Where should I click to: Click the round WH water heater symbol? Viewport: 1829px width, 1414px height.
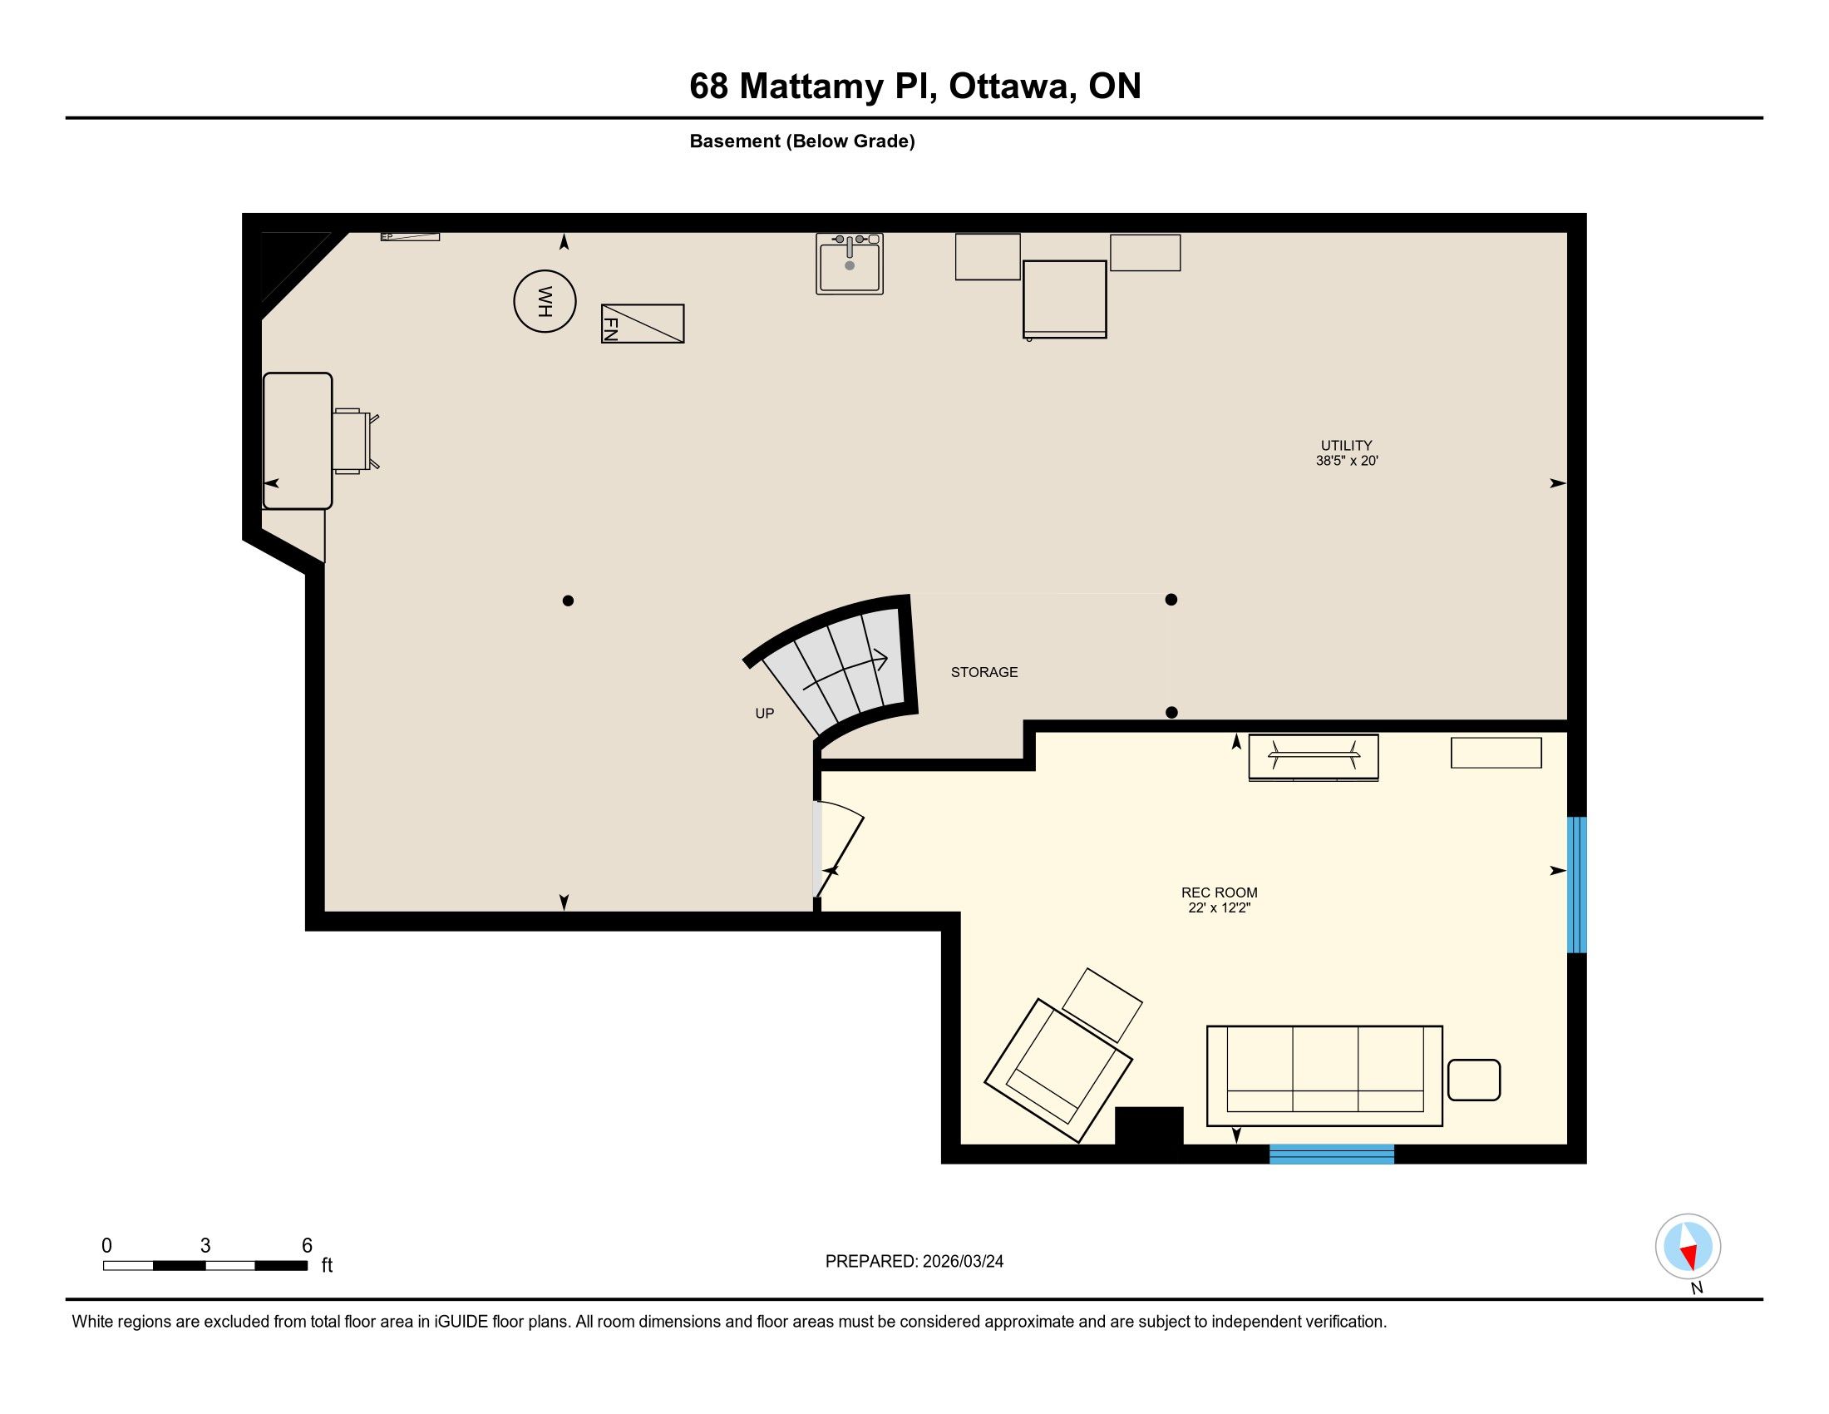pyautogui.click(x=545, y=302)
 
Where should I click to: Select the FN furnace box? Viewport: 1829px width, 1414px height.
pyautogui.click(x=643, y=324)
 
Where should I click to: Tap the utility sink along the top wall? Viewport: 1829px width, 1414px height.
pyautogui.click(x=849, y=264)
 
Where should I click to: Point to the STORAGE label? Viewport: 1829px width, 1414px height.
pyautogui.click(x=984, y=672)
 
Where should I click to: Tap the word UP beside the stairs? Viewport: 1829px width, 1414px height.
pyautogui.click(x=765, y=713)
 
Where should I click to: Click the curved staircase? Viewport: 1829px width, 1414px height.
pyautogui.click(x=837, y=670)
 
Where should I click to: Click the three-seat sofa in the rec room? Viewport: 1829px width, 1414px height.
pyautogui.click(x=1324, y=1075)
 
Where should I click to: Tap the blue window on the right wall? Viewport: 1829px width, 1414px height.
pyautogui.click(x=1577, y=885)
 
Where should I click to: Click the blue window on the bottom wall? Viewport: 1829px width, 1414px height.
pyautogui.click(x=1332, y=1154)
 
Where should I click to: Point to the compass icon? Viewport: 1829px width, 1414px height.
pyautogui.click(x=1688, y=1247)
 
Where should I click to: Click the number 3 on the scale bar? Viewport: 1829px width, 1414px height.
pyautogui.click(x=205, y=1246)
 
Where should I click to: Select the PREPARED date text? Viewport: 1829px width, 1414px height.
pyautogui.click(x=915, y=1262)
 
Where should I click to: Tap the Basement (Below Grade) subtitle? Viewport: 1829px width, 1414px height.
pyautogui.click(x=802, y=141)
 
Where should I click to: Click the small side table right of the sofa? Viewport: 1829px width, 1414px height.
pyautogui.click(x=1473, y=1080)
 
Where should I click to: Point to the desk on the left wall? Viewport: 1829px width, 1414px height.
pyautogui.click(x=298, y=441)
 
